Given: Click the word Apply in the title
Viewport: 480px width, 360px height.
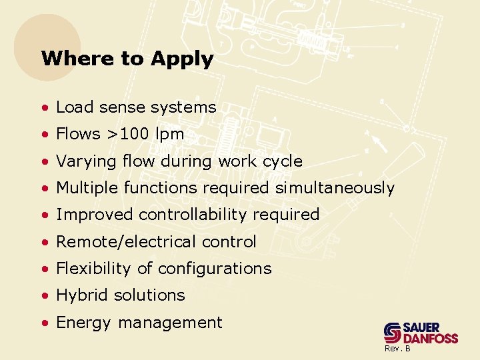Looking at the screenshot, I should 182,59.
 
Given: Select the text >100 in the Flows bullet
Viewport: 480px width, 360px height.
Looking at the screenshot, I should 127,134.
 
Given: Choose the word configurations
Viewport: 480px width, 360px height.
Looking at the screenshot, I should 214,269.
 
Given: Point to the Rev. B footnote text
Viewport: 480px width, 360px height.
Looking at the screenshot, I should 397,349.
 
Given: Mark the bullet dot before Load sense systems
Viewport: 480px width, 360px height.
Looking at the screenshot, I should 44,108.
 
